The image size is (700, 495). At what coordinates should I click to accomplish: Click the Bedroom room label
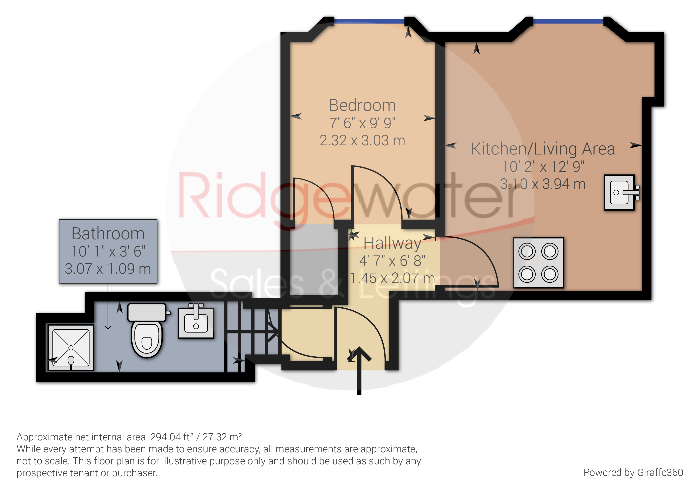click(x=362, y=106)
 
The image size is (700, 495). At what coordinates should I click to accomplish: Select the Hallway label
click(x=392, y=243)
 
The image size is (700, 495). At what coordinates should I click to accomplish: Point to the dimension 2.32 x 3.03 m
click(x=362, y=141)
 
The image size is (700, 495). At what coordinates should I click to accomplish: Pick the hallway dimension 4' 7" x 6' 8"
click(x=392, y=261)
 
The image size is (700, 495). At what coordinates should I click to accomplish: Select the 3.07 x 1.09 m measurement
click(x=108, y=269)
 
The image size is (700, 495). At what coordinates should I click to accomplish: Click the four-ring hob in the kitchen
click(x=538, y=263)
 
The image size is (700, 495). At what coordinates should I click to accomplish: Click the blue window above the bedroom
click(x=369, y=21)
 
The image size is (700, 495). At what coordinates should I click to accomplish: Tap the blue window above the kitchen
click(x=568, y=21)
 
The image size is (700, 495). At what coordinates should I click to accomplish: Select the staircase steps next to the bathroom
click(x=253, y=333)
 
